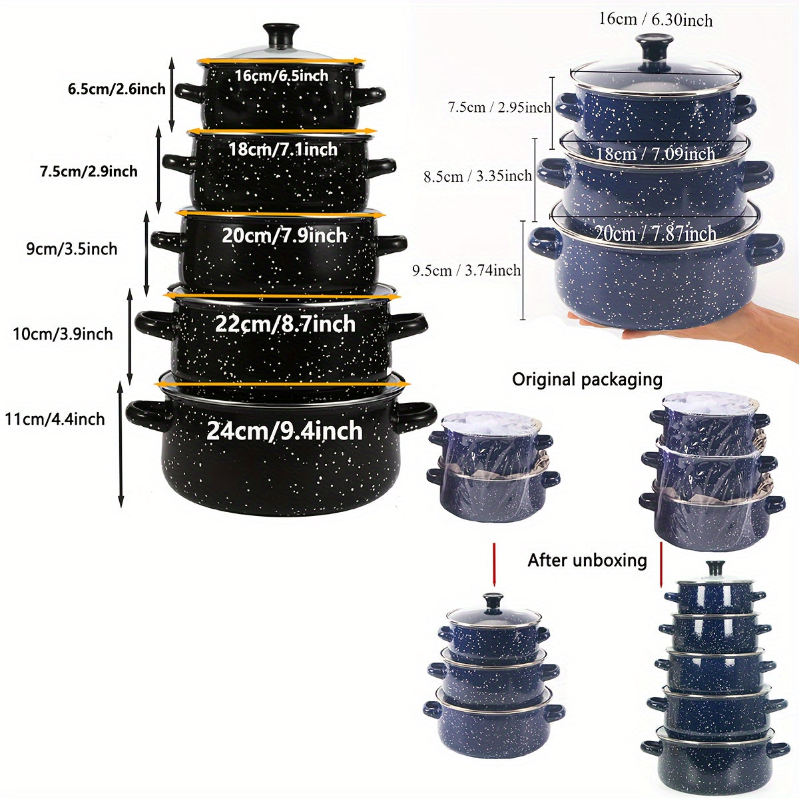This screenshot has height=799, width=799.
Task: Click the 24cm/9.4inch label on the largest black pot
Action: (284, 431)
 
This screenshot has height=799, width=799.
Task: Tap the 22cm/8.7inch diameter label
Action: (285, 324)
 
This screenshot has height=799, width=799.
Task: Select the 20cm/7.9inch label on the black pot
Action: (284, 236)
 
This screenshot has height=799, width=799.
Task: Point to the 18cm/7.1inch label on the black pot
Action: (283, 149)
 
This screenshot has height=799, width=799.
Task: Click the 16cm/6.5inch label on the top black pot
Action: (282, 76)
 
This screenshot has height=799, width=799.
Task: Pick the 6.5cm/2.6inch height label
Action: (117, 89)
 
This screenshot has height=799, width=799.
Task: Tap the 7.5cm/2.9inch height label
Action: (89, 171)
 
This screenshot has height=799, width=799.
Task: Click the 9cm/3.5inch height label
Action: (72, 249)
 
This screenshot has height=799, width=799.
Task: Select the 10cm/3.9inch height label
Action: (63, 334)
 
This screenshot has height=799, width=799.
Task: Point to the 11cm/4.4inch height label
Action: (55, 419)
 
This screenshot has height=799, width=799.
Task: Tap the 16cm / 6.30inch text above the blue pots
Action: (656, 19)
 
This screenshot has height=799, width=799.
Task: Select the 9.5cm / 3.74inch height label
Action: (466, 271)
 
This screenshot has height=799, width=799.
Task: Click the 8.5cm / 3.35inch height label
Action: (477, 176)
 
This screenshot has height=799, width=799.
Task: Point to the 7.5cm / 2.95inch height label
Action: (499, 107)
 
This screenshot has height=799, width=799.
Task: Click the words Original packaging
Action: (587, 380)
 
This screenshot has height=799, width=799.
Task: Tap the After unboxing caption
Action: (587, 560)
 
